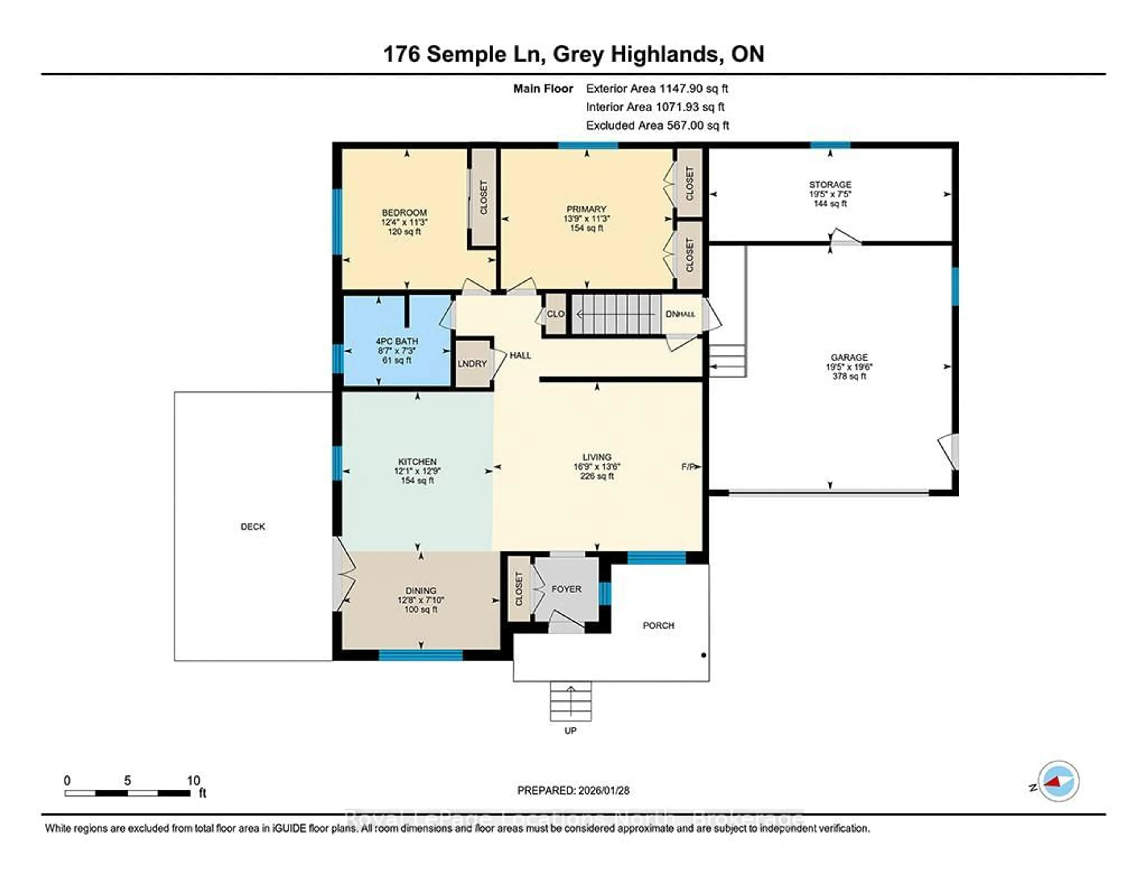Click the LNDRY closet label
[472, 364]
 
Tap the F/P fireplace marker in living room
[688, 466]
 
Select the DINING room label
[421, 590]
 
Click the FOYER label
[566, 589]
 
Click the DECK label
[253, 526]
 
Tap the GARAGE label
[849, 357]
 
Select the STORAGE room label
[830, 184]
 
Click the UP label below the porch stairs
[570, 731]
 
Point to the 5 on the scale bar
[127, 781]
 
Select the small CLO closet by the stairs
[555, 314]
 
